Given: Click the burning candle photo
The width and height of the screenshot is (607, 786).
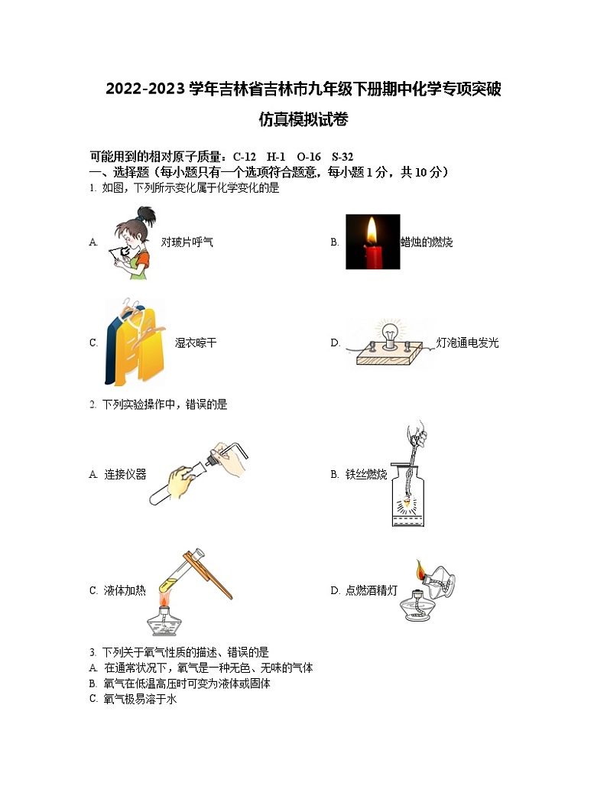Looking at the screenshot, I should point(372,242).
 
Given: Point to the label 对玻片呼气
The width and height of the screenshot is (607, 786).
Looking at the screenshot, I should point(187,242).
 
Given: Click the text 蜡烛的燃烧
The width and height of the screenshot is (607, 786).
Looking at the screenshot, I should point(427,242).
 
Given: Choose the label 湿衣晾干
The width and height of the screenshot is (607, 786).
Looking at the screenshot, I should point(196,343).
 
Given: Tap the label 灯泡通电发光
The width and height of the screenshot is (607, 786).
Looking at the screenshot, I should point(467,343).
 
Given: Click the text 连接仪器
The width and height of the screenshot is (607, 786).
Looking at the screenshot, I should point(125,475).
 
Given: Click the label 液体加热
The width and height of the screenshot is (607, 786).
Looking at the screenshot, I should point(125,590).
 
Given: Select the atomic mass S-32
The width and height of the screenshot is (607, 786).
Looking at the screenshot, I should point(342,157).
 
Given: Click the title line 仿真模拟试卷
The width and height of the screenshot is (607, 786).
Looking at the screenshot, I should point(303,119).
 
